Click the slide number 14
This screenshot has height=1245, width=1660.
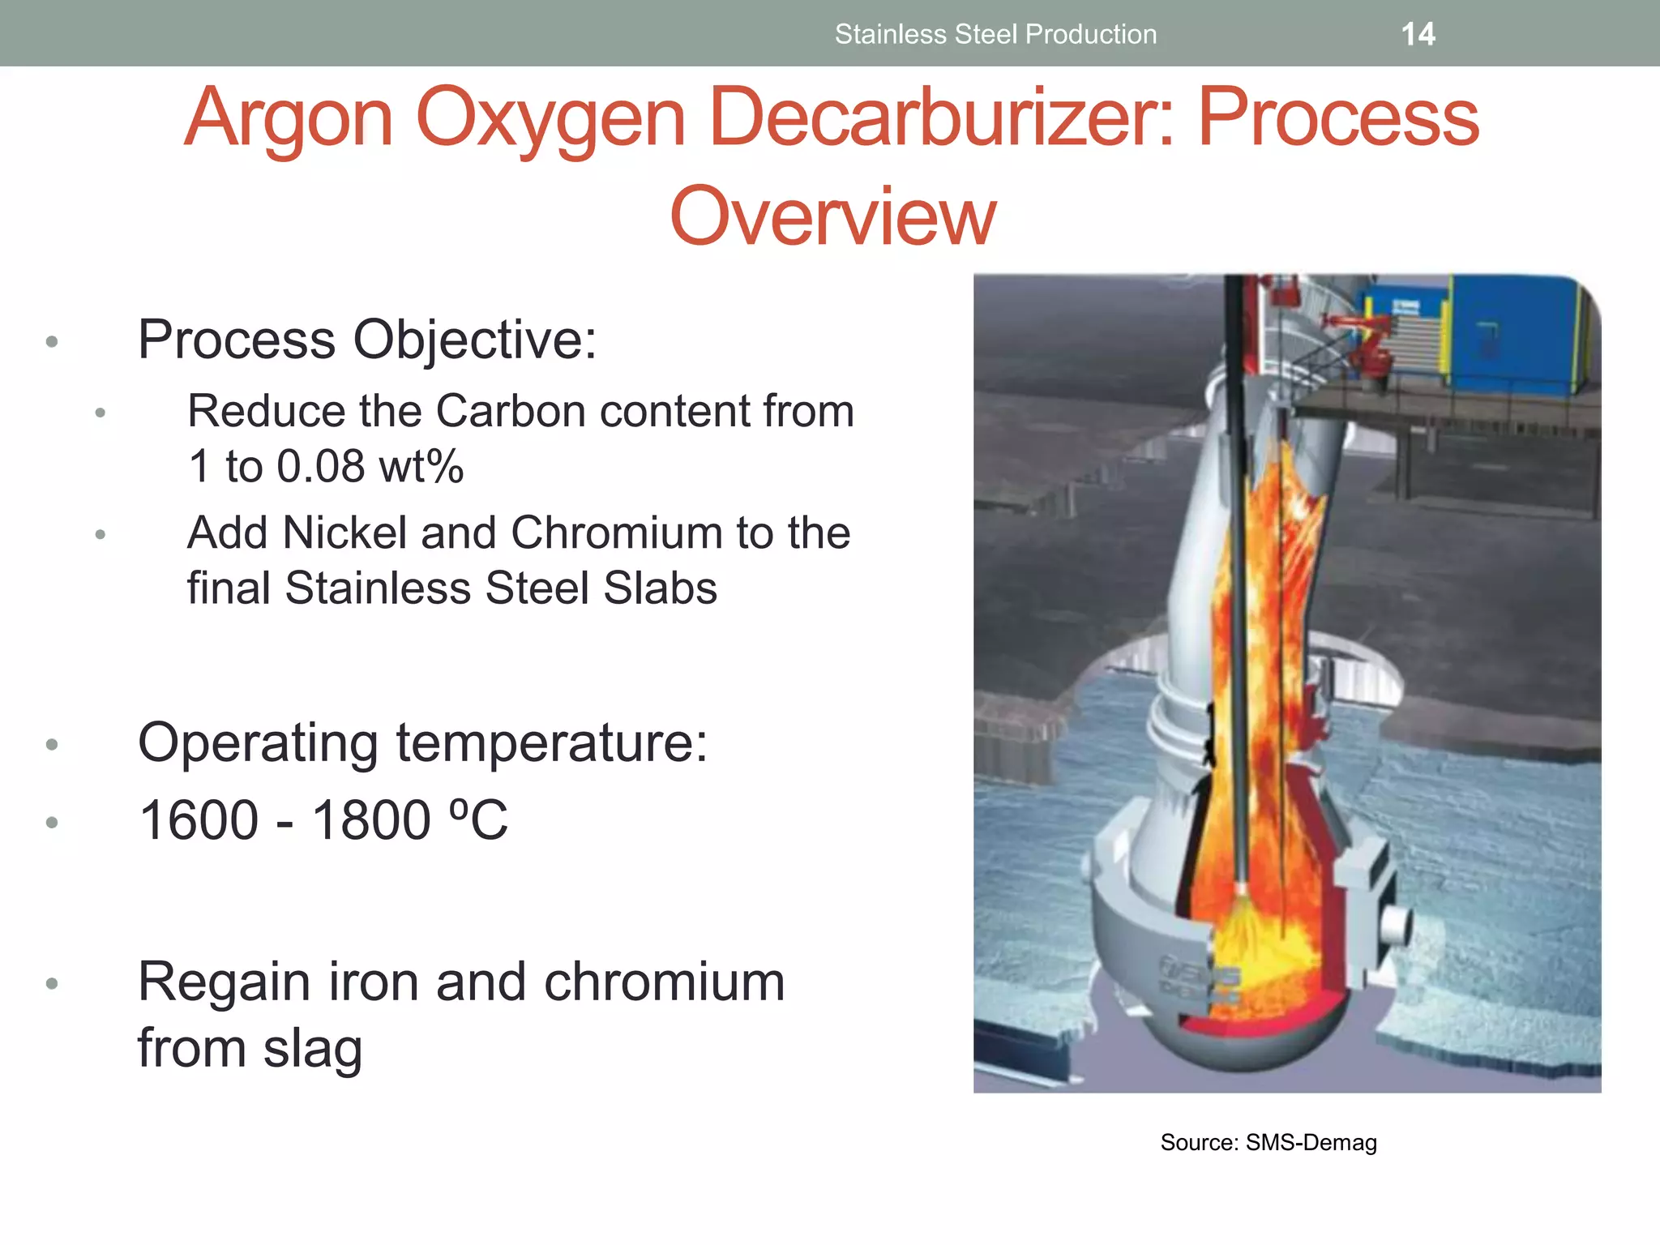pos(1418,34)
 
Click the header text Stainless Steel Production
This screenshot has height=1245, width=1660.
pos(995,34)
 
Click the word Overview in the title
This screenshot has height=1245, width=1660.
pos(832,216)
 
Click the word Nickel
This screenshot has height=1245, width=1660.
pos(344,533)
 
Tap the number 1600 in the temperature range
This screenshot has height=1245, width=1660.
pos(199,820)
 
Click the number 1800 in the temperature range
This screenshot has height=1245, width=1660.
pos(371,820)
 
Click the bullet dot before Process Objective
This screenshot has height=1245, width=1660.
pos(53,342)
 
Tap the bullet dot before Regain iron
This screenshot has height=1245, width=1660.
pos(53,984)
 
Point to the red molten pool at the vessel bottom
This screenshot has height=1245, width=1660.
pos(1264,1025)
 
